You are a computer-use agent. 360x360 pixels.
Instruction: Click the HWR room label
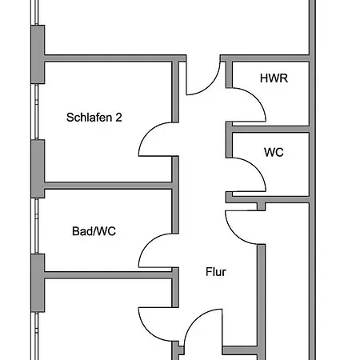(274, 78)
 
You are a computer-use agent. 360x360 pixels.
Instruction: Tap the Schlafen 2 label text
(94, 118)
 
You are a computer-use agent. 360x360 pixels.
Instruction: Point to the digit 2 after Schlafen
(118, 118)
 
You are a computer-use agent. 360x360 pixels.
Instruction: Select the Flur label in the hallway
(216, 272)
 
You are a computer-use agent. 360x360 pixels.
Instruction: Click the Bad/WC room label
(94, 231)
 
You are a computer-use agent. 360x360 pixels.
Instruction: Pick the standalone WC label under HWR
(274, 152)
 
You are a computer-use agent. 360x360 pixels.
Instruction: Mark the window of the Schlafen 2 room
(36, 111)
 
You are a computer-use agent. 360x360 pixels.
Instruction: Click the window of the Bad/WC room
(36, 226)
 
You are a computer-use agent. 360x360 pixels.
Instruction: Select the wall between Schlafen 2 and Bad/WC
(108, 186)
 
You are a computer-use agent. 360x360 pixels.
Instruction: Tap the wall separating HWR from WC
(270, 130)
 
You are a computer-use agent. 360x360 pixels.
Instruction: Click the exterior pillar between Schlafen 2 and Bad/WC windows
(38, 169)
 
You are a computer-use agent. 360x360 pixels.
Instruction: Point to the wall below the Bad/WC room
(108, 275)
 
